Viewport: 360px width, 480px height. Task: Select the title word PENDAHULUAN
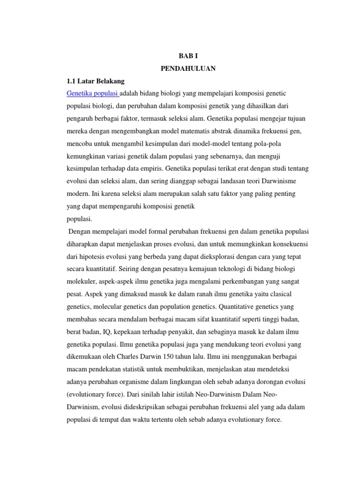pyautogui.click(x=188, y=68)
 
